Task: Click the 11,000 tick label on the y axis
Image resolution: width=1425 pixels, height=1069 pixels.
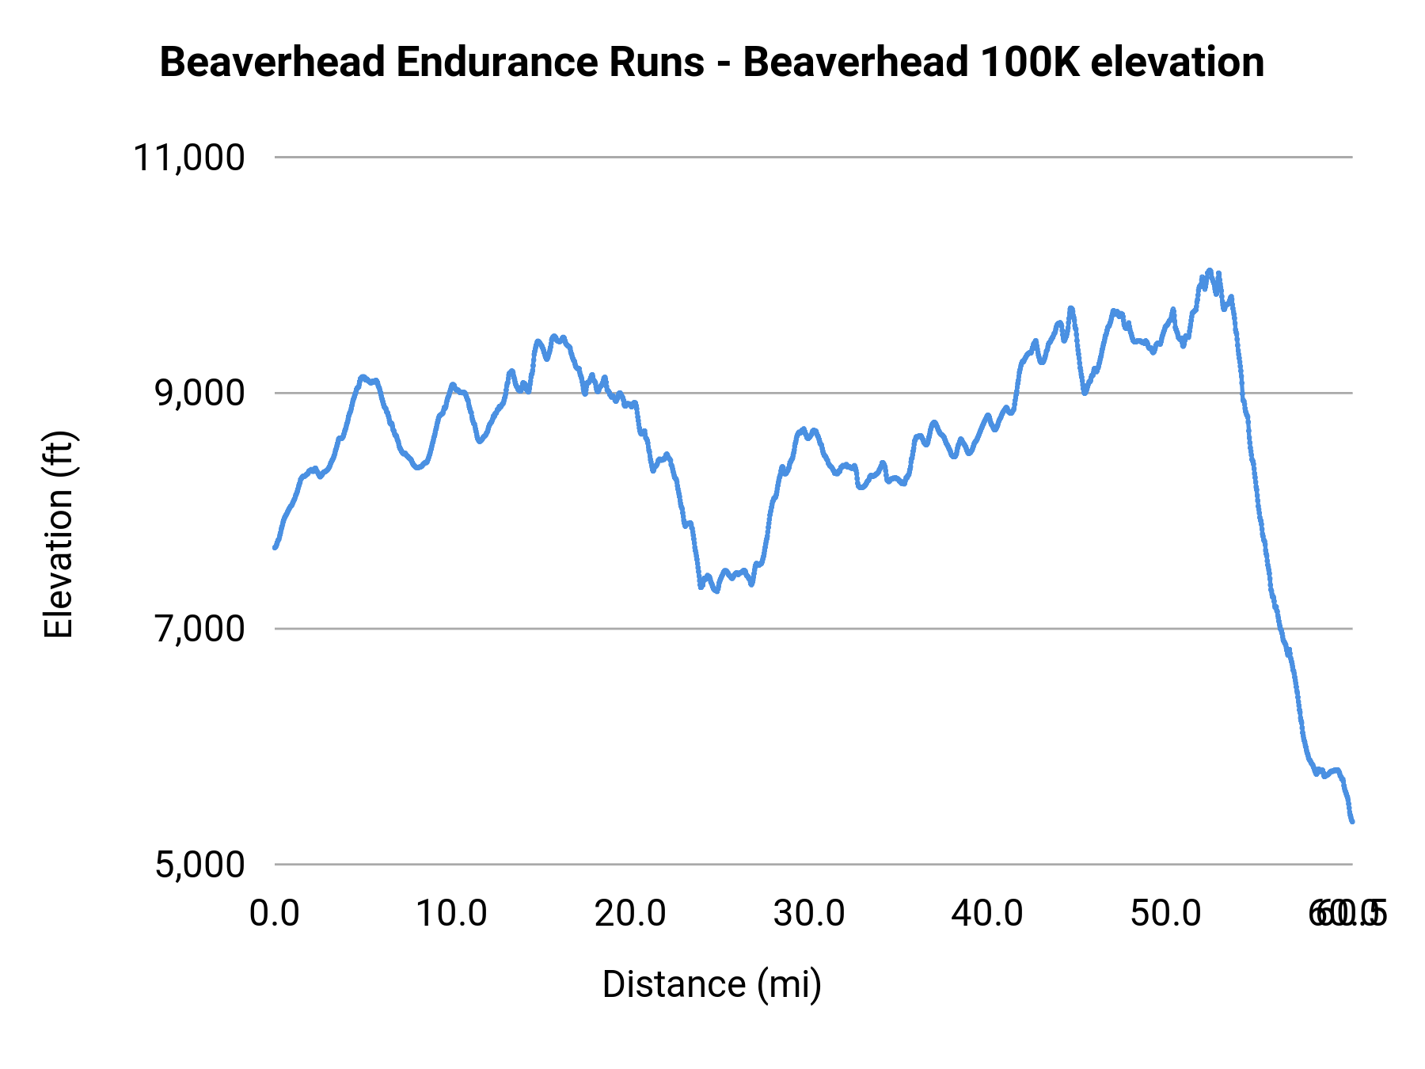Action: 188,158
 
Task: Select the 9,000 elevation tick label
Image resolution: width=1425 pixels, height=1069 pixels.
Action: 199,394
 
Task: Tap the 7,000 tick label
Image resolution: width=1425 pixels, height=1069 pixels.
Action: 199,629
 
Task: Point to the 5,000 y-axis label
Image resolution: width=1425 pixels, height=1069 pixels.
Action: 199,865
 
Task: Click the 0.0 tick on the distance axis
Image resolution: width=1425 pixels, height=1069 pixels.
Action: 274,914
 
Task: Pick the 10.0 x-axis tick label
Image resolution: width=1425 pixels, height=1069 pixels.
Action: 452,914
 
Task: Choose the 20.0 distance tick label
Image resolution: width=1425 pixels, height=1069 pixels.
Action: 631,914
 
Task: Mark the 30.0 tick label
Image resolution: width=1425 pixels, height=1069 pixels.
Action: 809,914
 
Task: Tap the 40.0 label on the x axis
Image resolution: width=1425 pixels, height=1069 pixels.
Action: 987,914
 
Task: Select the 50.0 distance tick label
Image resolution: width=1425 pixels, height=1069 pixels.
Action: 1166,914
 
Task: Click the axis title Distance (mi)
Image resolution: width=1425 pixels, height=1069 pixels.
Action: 712,984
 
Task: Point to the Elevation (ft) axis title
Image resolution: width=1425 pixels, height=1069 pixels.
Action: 59,534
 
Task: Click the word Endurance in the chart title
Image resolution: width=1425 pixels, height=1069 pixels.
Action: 550,63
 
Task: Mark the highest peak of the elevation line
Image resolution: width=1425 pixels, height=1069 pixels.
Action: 1209,271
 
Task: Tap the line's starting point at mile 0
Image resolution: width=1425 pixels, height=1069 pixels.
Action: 275,547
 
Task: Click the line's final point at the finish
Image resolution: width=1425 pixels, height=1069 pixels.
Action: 1352,821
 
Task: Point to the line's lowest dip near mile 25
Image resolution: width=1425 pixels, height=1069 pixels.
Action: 716,591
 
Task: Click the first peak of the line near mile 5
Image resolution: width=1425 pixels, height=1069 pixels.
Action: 362,377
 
